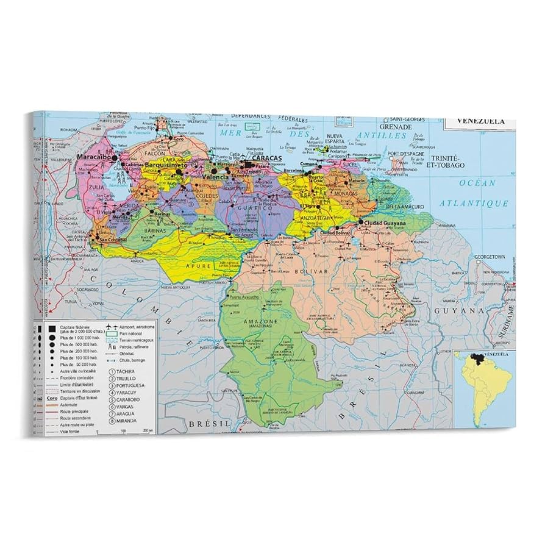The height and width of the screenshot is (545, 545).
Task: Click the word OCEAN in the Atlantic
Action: coord(479,182)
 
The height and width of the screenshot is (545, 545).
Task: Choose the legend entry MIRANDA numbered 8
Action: coord(130,421)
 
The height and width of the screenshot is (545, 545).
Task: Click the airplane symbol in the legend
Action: coord(112,326)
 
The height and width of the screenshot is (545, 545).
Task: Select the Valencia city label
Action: coord(215,177)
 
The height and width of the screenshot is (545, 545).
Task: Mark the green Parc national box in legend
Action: coord(112,333)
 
